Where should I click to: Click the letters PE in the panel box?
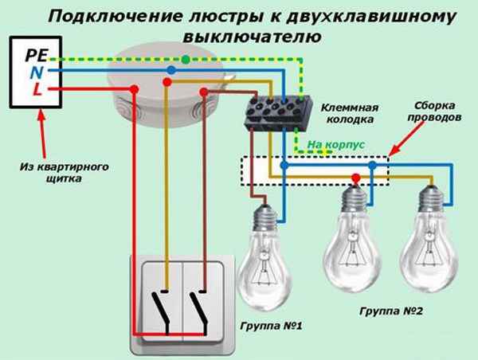tap(37, 57)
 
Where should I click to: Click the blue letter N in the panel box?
tap(36, 72)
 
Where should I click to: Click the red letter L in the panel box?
tap(37, 89)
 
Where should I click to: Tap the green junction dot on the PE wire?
tap(186, 59)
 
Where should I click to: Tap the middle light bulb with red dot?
tap(352, 239)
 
